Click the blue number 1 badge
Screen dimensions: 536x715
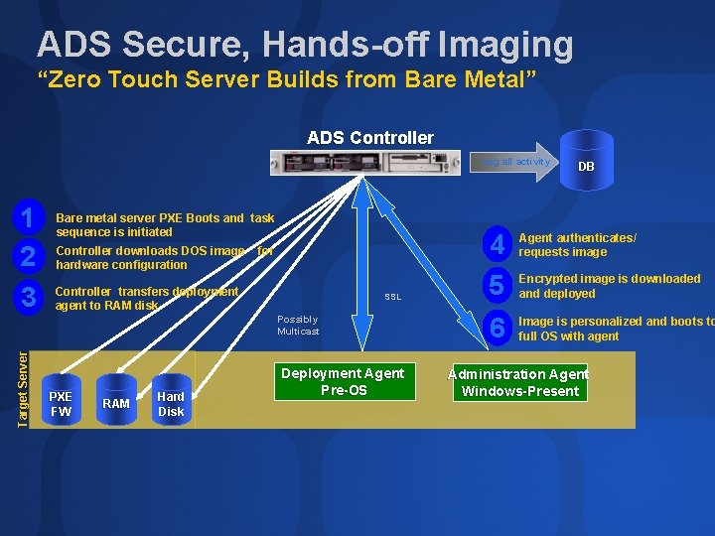pos(30,217)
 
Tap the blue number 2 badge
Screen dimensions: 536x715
pos(30,257)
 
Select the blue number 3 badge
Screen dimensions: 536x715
pos(30,297)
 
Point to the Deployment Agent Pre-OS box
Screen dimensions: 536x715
pos(344,382)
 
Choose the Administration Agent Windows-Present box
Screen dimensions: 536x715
pos(518,382)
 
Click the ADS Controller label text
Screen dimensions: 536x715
pos(370,138)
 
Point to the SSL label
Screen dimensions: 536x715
pos(393,297)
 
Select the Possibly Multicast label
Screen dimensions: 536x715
pos(298,326)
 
